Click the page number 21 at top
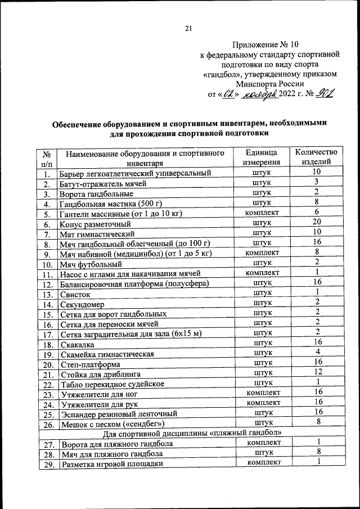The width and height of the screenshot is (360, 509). click(x=188, y=29)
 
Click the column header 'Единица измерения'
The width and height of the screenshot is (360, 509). click(x=260, y=157)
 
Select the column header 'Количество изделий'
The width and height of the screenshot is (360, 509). click(x=316, y=157)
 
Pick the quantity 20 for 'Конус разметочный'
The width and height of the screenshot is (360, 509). click(x=317, y=222)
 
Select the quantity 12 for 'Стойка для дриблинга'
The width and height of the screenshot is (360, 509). click(x=317, y=372)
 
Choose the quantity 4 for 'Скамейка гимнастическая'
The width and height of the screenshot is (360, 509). click(x=317, y=352)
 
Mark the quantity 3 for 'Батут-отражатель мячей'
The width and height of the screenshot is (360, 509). click(x=317, y=181)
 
